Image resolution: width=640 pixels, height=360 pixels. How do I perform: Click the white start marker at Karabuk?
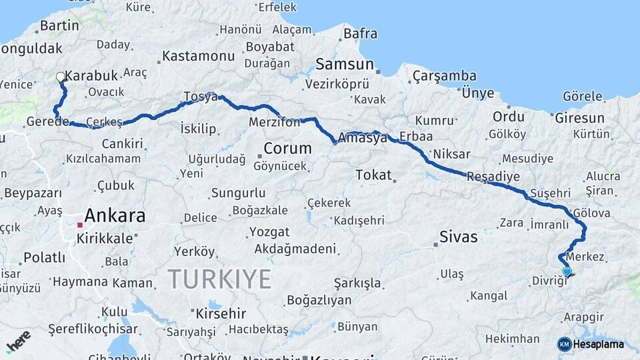coord(61,77)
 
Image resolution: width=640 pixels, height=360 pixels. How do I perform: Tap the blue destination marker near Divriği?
coord(567,271)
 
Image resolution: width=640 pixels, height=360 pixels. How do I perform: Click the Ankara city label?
coord(115,215)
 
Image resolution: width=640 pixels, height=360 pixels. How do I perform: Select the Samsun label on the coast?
coord(344,64)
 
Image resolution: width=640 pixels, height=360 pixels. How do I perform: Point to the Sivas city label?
coord(459,236)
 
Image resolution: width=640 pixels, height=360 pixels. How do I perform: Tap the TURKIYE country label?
coord(219,277)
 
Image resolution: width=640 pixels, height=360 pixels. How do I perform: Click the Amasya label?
coord(363,138)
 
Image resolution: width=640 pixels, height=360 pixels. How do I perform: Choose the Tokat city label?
coord(373,175)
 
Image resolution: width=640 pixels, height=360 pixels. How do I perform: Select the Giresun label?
coord(580,118)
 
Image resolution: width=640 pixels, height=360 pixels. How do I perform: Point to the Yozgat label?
coord(269,232)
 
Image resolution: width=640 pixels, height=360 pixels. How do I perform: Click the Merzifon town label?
coord(274,123)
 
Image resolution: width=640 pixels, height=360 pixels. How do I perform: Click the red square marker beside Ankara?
coord(79,225)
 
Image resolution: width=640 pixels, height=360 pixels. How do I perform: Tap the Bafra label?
coord(360,33)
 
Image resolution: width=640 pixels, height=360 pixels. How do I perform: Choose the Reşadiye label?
coord(492,176)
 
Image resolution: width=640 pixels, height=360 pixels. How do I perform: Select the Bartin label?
coord(59,25)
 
